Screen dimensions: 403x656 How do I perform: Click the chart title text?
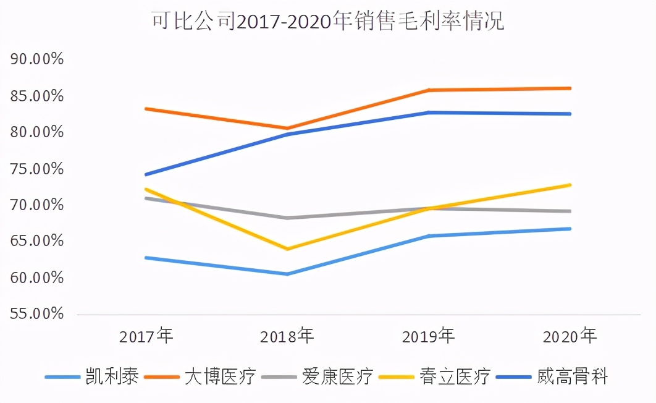[x=328, y=22]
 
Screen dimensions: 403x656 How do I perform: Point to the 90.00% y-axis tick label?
[x=38, y=59]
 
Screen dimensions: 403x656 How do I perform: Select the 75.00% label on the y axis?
[x=38, y=169]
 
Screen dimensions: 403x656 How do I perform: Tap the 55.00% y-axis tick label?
[x=38, y=314]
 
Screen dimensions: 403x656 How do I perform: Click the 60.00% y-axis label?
[x=38, y=278]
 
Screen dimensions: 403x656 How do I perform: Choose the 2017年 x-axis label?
[x=146, y=336]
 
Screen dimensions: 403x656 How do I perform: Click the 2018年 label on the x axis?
[x=287, y=336]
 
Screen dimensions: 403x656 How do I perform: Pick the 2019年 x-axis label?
[x=429, y=336]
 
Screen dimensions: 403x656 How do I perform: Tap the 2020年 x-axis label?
[x=570, y=336]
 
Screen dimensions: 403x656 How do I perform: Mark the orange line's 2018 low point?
[x=287, y=129]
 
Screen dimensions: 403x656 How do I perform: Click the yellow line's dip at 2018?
[x=287, y=249]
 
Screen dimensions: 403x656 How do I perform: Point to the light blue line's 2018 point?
[x=287, y=274]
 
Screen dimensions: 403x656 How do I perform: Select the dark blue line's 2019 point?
[x=429, y=112]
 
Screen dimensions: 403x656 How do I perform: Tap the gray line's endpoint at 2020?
[x=570, y=211]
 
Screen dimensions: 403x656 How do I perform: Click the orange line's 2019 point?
[x=429, y=90]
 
